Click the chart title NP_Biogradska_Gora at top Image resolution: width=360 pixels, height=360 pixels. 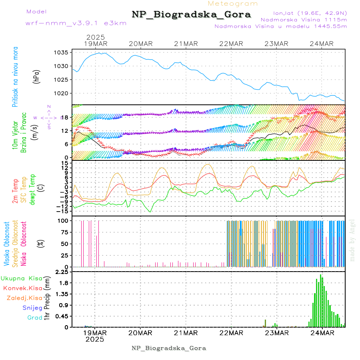191,15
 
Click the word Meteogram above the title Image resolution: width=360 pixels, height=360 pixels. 233,4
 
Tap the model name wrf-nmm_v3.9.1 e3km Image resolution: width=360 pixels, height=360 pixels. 76,23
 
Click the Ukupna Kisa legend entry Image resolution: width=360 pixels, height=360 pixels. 22,278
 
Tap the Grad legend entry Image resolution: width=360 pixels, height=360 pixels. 35,318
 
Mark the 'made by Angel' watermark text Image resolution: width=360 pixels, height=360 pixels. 352,240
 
